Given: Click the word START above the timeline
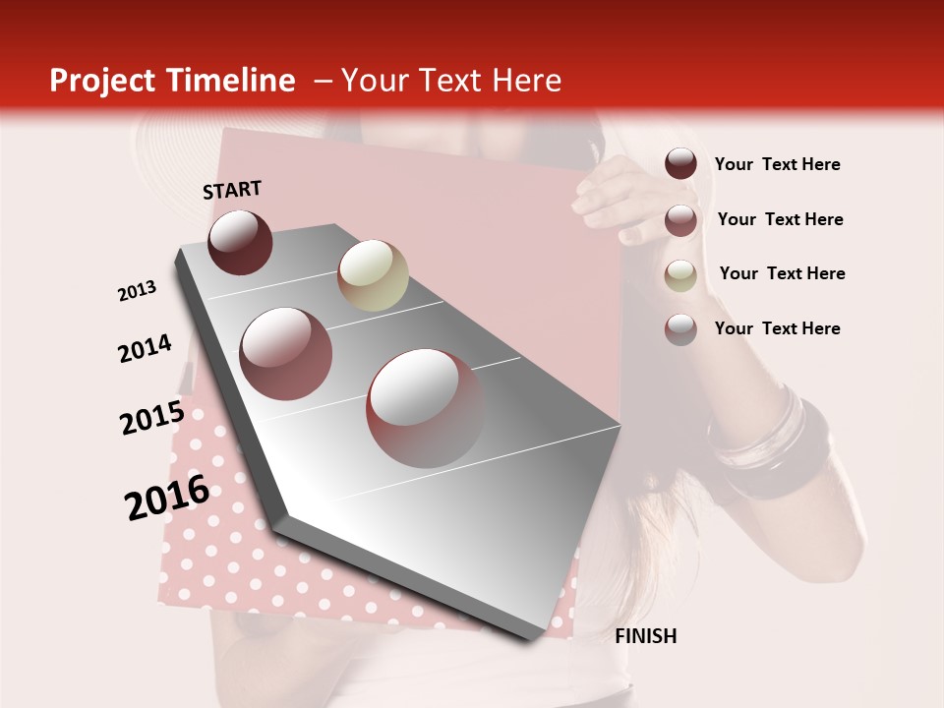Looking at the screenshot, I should coord(232,190).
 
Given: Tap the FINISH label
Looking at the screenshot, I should coord(645,636).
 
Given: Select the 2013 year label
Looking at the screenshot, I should coord(138,291).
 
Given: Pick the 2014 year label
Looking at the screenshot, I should coord(145,348).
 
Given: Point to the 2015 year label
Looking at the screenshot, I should coord(151,418).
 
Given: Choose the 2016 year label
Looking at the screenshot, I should coord(167,497).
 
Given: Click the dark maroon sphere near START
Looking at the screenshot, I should coord(240,242).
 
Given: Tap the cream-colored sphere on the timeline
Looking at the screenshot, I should coord(373,275).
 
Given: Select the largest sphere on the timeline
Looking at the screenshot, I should coord(425,407).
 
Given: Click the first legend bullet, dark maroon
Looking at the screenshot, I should coord(680,164).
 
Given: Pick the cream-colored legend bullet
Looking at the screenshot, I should coord(680,275).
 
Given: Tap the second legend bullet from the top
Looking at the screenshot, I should coord(680,220).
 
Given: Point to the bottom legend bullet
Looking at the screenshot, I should coord(680,329).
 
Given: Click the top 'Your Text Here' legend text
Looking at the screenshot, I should coord(777,164).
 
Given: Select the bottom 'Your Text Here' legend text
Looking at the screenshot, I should coord(777,328).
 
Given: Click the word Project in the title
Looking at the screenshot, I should coord(103,81).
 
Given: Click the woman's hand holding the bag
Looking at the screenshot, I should coord(610,197).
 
